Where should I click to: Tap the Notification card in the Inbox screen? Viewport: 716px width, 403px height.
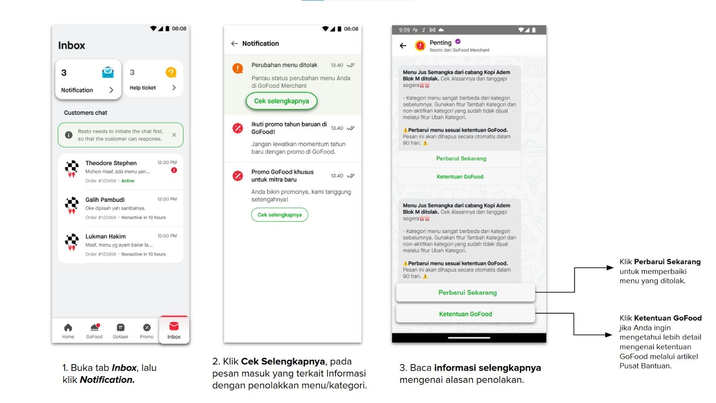pos(88,79)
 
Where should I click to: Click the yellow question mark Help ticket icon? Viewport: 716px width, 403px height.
pos(171,73)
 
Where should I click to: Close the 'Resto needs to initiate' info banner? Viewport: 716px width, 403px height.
pos(174,135)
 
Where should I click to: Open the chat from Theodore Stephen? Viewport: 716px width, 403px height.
pos(120,171)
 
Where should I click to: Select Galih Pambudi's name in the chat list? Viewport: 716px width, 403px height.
pos(105,200)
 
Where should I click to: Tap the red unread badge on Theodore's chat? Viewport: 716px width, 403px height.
pos(174,170)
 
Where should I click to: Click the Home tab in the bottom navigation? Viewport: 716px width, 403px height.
pos(68,331)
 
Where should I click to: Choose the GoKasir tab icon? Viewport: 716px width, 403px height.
pos(120,327)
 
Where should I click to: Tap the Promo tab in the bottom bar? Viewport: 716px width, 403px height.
pos(147,331)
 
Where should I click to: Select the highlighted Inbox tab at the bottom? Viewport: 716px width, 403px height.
pos(174,330)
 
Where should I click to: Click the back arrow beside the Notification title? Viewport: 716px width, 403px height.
pos(234,43)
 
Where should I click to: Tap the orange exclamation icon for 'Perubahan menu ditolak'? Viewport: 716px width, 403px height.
pos(238,68)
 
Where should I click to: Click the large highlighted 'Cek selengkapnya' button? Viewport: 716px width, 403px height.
pos(281,101)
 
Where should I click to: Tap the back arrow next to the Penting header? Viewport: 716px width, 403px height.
pos(403,46)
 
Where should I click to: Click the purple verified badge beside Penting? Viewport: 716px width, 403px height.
pos(458,41)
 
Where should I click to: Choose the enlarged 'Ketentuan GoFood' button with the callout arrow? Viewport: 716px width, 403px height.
pos(465,314)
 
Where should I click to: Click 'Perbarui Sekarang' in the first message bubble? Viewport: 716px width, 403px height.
pos(461,159)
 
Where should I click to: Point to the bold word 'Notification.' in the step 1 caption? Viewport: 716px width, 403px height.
pos(107,380)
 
